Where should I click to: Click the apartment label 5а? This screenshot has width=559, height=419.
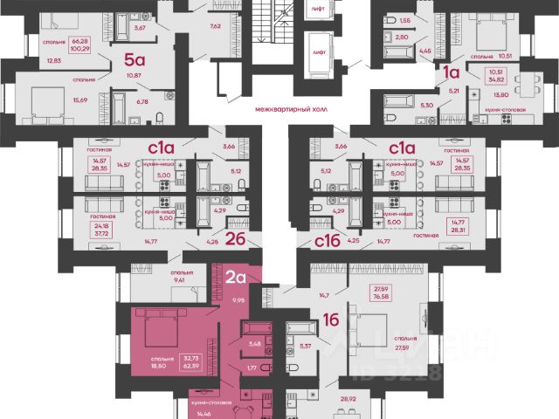(134, 60)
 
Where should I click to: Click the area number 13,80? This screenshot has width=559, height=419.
(500, 94)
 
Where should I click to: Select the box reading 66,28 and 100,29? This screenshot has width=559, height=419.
(81, 44)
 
